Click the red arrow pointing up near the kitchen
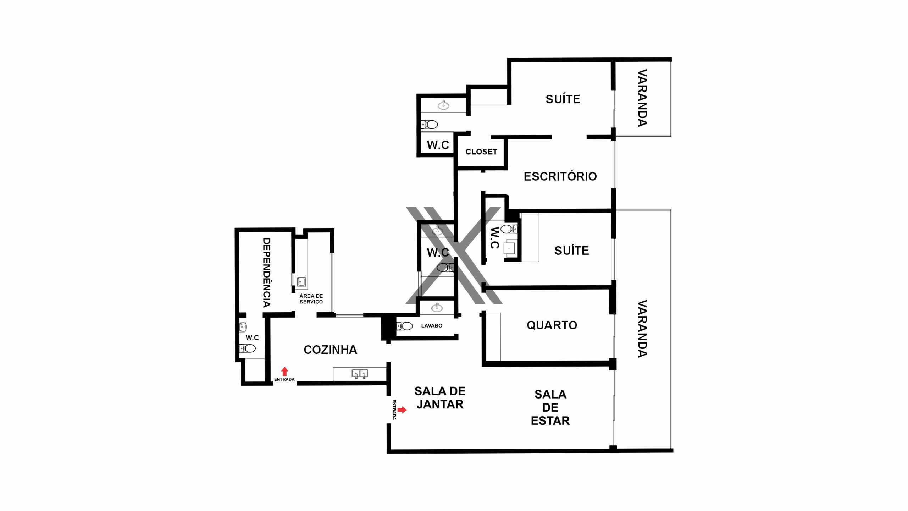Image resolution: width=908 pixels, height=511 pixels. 284,372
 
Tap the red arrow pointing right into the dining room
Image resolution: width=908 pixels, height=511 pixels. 402,410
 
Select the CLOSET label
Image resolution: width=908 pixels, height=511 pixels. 481,152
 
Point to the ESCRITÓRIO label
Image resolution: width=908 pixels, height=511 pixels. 560,176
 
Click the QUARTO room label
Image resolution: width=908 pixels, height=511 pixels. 552,325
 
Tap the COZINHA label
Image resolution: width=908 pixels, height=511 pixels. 330,350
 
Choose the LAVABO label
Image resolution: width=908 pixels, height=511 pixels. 432,326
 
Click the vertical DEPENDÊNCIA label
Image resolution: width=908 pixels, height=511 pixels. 267,273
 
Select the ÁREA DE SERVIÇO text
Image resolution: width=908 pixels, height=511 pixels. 311,299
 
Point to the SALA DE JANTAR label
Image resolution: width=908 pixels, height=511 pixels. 440,398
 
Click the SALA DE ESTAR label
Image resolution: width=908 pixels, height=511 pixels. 550,407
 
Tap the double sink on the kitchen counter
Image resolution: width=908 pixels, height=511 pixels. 360,374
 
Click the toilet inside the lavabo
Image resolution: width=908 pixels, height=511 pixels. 404,326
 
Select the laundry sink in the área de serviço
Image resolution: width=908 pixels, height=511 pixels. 301,282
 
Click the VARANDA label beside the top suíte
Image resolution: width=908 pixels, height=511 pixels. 642,98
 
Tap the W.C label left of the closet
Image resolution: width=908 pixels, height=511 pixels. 438,145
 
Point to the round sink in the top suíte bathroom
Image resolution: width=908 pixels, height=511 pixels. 443,105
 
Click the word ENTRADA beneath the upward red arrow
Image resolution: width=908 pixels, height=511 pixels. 284,379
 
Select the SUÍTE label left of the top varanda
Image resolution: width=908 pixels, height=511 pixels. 563,99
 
